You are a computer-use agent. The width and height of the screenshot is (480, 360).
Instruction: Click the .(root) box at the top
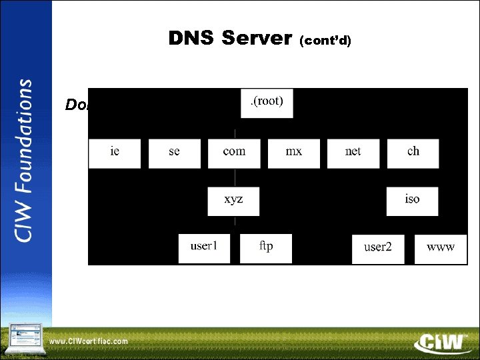pos(266,103)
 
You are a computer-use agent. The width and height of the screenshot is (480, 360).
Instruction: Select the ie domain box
pos(115,153)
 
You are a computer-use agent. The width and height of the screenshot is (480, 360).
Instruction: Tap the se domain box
pos(174,153)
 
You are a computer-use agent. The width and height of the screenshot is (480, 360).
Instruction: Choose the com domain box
pos(233,153)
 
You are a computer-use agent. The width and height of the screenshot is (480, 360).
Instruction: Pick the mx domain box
pos(293,153)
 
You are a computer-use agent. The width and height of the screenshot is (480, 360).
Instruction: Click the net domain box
pos(353,153)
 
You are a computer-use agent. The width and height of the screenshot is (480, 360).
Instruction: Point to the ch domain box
pos(413,153)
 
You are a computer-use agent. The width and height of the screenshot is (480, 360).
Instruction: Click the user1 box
pos(204,248)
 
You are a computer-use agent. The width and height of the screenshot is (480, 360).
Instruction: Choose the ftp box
pos(265,248)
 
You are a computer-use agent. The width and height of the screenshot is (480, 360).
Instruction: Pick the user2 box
pos(378,249)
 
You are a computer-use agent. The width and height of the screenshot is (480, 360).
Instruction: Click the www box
pos(440,249)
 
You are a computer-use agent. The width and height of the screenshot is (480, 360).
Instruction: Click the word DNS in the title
pos(192,39)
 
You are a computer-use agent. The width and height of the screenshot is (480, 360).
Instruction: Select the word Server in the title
pos(256,39)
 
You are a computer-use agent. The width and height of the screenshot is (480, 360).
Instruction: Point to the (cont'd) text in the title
pos(325,41)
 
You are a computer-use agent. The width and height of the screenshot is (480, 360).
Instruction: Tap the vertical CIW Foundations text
pos(25,161)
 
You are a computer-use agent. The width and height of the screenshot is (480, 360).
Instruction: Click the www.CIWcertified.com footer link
pos(89,341)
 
